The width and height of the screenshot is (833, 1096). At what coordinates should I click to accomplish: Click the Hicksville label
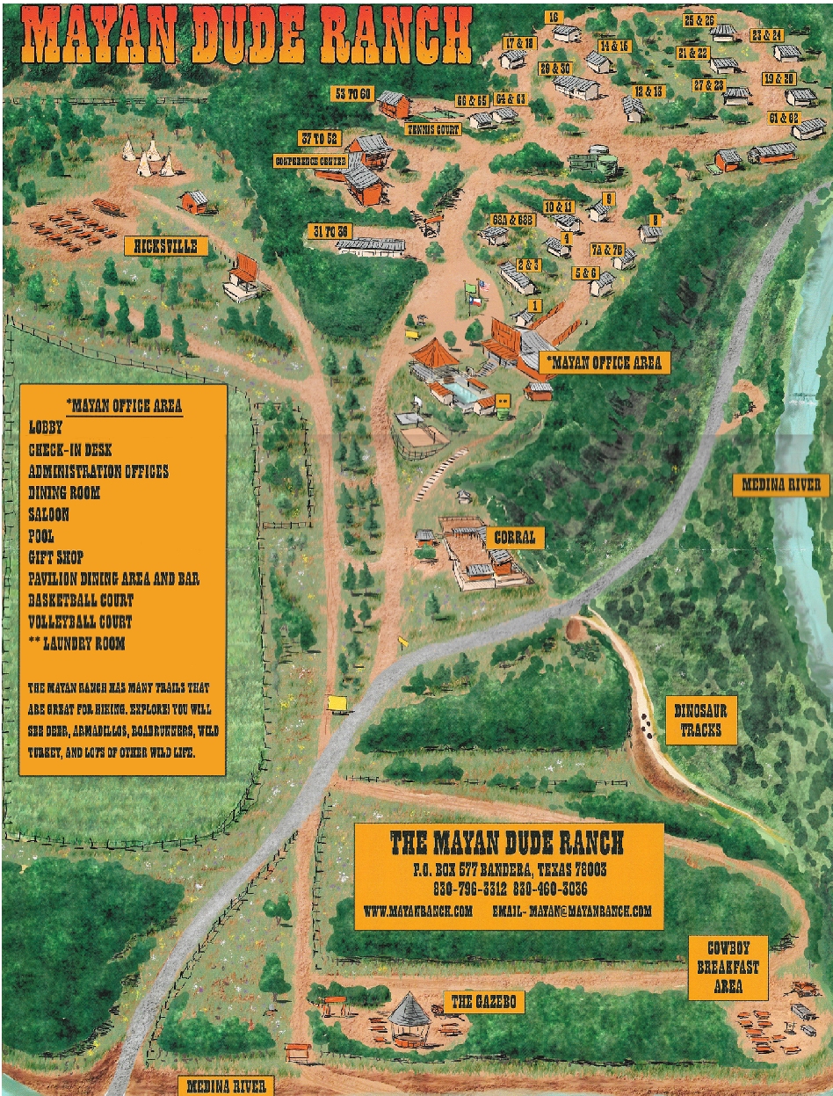[166, 246]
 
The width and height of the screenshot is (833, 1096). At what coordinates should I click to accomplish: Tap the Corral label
[514, 537]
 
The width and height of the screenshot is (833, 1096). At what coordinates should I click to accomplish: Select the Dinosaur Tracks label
[700, 721]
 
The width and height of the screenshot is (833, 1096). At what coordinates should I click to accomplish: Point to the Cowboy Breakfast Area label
[728, 967]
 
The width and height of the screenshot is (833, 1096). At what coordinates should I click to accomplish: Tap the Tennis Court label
[433, 130]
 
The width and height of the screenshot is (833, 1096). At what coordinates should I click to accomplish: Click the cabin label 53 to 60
[351, 93]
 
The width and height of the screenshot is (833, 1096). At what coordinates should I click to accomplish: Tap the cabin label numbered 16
[553, 17]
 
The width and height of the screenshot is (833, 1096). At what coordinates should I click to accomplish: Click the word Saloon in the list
[48, 514]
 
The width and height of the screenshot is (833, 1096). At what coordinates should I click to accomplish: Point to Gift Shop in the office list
[60, 557]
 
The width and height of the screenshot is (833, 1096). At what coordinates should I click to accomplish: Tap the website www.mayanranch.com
[418, 911]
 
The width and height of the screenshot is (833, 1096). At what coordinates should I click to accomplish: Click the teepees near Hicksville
[147, 156]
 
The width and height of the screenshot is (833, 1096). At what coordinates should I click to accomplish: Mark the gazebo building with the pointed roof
[409, 1017]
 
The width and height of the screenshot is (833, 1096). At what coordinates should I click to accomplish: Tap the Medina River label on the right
[781, 484]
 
